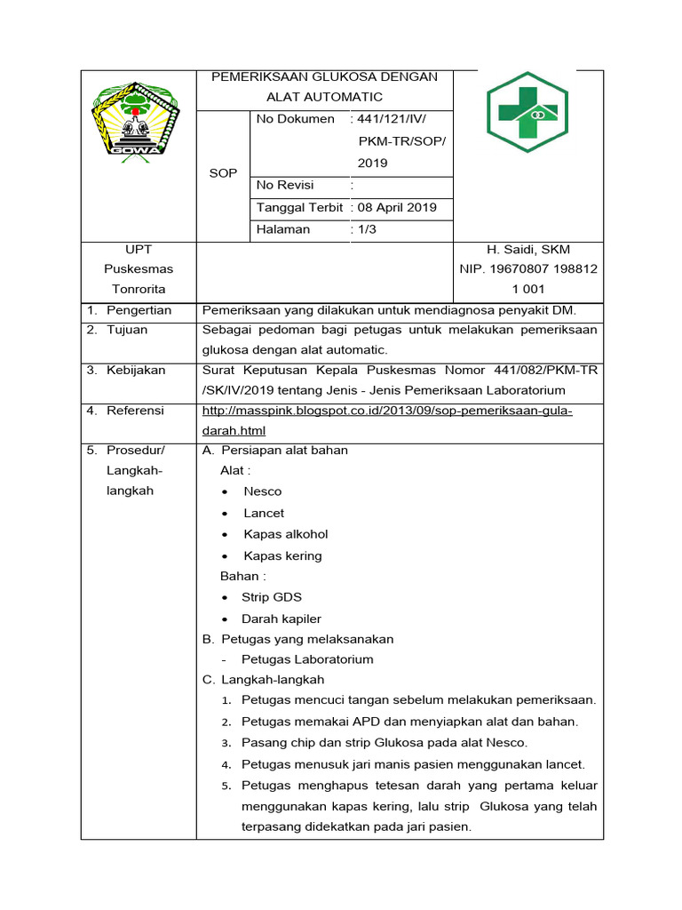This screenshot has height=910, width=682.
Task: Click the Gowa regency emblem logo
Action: tap(137, 119)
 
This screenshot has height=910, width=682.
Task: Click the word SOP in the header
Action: tap(223, 173)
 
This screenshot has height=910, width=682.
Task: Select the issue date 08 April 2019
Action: tap(397, 208)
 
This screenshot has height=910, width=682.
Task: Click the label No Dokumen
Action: tap(295, 119)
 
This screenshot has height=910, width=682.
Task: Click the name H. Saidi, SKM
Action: tap(527, 251)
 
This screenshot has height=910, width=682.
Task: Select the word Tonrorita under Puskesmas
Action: tap(138, 290)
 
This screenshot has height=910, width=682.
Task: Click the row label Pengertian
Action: tap(139, 310)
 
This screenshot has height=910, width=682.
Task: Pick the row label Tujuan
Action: tap(127, 330)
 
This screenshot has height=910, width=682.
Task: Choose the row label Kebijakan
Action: tap(136, 371)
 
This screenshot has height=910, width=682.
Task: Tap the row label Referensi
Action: tap(135, 411)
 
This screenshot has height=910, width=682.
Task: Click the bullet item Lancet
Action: tap(264, 514)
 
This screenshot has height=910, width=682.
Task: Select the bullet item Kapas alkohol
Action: tap(285, 535)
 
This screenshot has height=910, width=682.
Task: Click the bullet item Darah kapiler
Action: tap(282, 619)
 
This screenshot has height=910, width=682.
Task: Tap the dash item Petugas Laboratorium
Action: tap(307, 660)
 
